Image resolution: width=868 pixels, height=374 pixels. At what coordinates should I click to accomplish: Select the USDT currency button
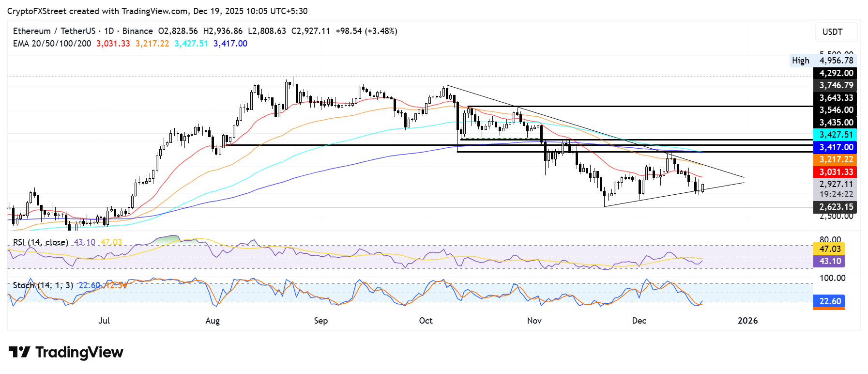(x=833, y=32)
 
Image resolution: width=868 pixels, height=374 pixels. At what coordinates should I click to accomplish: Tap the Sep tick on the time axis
(x=320, y=321)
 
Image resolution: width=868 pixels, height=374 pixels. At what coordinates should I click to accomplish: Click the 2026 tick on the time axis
(x=747, y=321)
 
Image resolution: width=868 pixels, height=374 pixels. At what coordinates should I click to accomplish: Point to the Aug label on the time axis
(x=213, y=321)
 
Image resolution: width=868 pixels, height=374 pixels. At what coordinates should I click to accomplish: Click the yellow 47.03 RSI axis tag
(x=830, y=249)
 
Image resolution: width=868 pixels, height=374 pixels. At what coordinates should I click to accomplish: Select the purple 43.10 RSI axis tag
(x=830, y=261)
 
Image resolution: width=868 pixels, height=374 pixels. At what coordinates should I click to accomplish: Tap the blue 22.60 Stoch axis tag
(x=830, y=301)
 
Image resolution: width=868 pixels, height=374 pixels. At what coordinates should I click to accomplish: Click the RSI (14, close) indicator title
(x=41, y=242)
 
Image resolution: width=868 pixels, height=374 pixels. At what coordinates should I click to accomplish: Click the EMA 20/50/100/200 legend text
(x=52, y=44)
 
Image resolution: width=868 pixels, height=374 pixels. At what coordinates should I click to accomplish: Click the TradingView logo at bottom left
(x=66, y=352)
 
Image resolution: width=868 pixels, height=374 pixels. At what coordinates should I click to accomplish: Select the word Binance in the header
(x=137, y=31)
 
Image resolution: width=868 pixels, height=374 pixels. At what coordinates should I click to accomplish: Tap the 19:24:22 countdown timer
(x=836, y=194)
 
